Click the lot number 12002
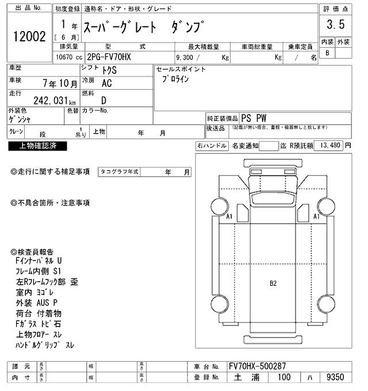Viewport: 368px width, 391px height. pos(28,36)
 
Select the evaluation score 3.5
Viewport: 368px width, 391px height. pos(335,25)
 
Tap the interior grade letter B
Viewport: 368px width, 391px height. pos(327,53)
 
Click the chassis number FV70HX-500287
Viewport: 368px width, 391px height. pos(256,366)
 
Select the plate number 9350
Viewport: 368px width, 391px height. pos(335,377)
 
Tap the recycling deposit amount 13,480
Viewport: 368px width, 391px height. pos(328,145)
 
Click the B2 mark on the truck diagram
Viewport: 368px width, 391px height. pos(274,283)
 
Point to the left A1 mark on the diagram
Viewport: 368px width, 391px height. pos(229,217)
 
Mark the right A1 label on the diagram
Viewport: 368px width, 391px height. pos(316,217)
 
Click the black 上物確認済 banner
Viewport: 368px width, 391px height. pos(37,146)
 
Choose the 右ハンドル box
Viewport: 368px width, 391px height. pos(212,146)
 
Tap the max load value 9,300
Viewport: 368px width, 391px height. pos(188,57)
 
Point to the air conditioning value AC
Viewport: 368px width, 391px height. pos(106,83)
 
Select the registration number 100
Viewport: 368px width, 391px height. pos(284,377)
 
